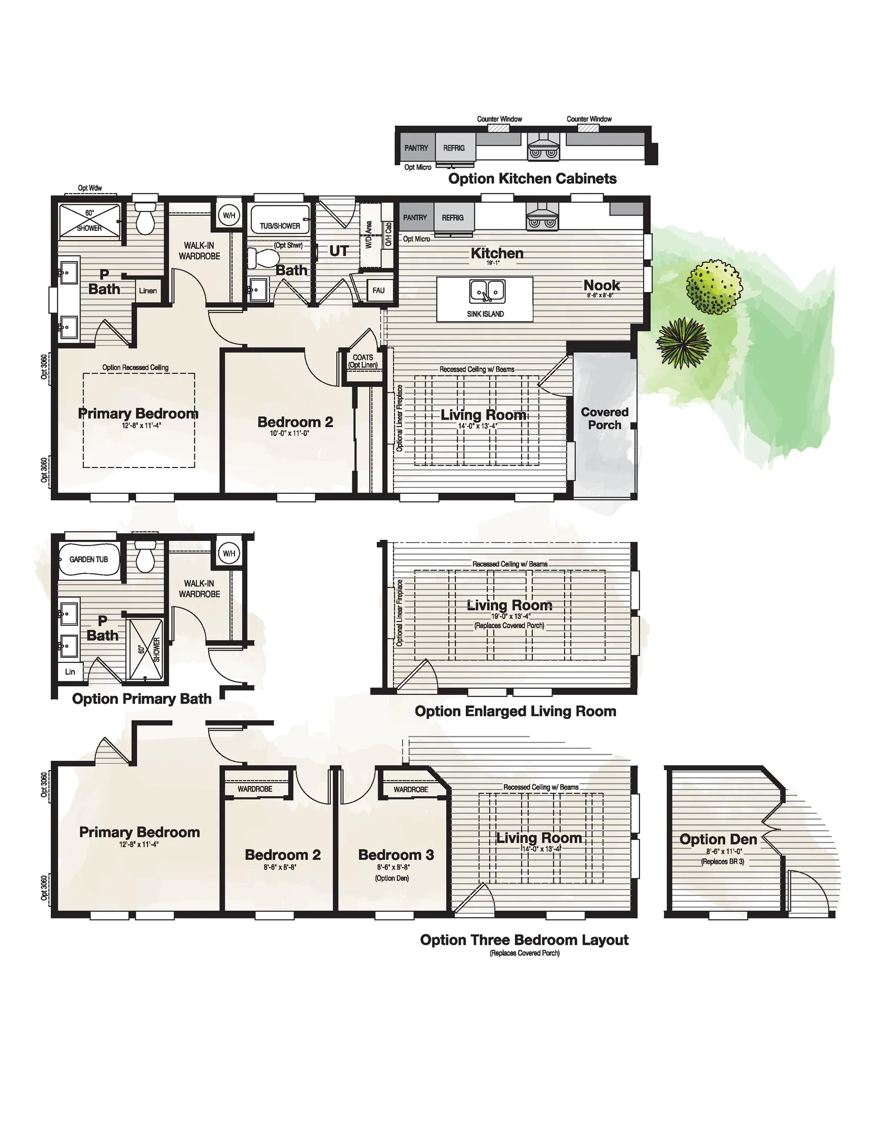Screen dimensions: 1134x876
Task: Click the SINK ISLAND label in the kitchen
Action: tap(485, 314)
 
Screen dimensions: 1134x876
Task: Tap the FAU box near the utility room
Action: tap(379, 290)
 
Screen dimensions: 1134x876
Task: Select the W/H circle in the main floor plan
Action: tap(229, 216)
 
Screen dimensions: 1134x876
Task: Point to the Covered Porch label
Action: tap(605, 419)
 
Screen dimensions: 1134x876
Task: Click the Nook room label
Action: tap(602, 285)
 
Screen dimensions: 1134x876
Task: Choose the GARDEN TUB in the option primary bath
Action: tap(89, 559)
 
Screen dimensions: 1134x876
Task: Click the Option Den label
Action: tap(718, 839)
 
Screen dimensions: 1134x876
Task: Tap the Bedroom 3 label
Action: tap(395, 855)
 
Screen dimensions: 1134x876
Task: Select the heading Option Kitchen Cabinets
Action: tap(532, 179)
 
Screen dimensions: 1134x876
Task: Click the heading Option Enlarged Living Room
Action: tap(515, 711)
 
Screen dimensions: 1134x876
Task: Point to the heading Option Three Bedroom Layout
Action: tap(524, 940)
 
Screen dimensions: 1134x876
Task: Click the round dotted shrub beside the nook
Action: tap(713, 287)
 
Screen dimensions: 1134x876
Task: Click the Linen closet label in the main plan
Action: tap(148, 291)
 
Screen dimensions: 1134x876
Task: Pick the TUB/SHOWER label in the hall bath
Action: tap(280, 226)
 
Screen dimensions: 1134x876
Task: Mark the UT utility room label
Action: tap(339, 251)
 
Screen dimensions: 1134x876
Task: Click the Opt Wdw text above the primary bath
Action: tap(90, 188)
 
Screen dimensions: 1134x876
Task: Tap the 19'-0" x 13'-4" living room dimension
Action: tap(511, 616)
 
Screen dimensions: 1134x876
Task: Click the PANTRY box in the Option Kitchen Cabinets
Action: tap(416, 148)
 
